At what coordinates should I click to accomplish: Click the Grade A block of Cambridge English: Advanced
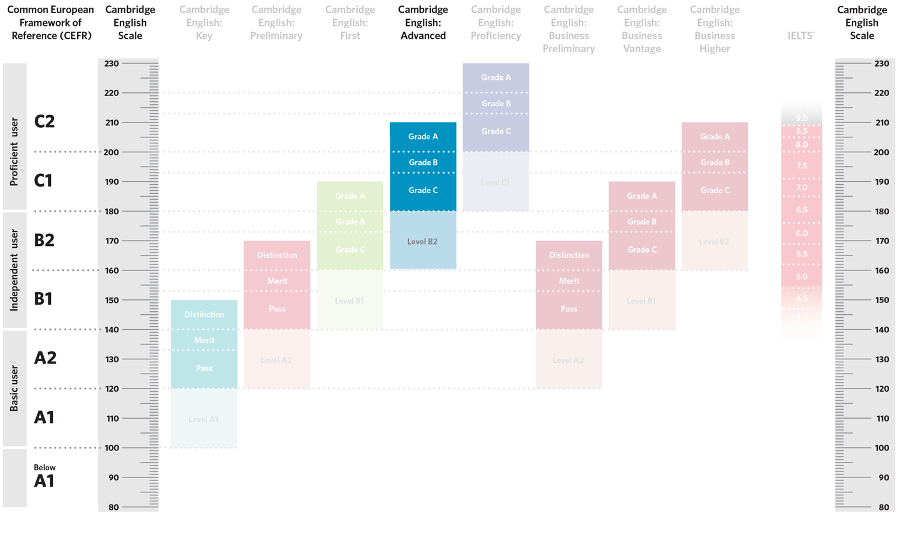[423, 137]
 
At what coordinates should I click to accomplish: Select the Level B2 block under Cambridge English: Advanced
[423, 241]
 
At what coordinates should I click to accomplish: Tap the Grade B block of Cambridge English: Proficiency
[496, 103]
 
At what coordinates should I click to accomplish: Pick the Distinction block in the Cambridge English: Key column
[204, 314]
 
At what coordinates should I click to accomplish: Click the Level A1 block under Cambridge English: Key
[204, 419]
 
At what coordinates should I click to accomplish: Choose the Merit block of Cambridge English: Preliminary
[277, 281]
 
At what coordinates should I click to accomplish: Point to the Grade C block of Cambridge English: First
[350, 250]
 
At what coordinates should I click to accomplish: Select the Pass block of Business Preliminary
[569, 309]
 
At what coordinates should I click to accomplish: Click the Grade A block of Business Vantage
[642, 196]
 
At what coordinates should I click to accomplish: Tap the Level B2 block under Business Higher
[715, 241]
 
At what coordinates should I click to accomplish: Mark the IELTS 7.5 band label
[802, 166]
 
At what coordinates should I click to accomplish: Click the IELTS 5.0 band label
[802, 276]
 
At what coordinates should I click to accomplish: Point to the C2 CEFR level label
[44, 121]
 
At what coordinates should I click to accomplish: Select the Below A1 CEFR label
[44, 476]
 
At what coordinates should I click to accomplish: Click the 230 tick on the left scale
[112, 63]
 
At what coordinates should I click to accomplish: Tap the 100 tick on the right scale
[881, 447]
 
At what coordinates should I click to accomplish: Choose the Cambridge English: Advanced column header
[423, 23]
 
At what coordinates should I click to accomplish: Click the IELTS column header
[801, 36]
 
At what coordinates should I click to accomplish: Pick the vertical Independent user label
[14, 270]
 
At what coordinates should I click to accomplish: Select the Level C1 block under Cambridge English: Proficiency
[496, 182]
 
